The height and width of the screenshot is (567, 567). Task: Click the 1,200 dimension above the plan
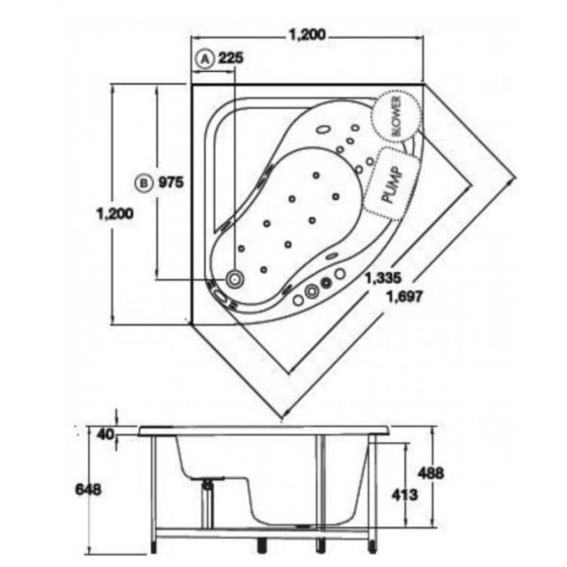[x=307, y=35]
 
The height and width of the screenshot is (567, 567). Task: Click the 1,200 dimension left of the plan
[x=115, y=214]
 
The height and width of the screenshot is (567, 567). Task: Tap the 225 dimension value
[x=232, y=58]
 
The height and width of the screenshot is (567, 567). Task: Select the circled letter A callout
[x=205, y=60]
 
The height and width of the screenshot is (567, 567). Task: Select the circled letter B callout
[x=144, y=183]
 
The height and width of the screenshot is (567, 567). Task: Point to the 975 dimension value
[x=171, y=182]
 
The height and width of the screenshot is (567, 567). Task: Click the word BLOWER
[x=396, y=116]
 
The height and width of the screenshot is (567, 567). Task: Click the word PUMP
[x=391, y=184]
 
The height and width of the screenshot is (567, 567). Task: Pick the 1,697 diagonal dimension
[x=404, y=297]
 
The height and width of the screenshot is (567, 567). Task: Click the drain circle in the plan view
[x=234, y=279]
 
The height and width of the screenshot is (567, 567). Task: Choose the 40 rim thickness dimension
[x=105, y=435]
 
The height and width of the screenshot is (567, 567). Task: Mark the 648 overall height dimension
[x=88, y=490]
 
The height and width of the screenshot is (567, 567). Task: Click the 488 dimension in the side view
[x=430, y=473]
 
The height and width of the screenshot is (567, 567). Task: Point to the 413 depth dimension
[x=404, y=494]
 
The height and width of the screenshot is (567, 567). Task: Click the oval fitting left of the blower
[x=323, y=129]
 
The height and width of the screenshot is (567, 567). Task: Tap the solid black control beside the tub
[x=326, y=283]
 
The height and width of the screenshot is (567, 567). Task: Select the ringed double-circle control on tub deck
[x=311, y=291]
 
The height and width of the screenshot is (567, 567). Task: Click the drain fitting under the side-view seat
[x=208, y=485]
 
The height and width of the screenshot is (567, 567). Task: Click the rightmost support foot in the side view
[x=372, y=546]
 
